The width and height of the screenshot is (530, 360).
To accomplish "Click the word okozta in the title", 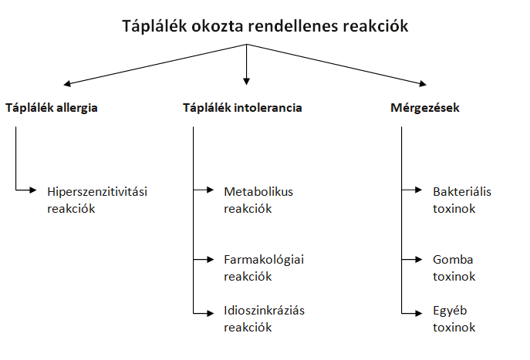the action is click(x=217, y=26).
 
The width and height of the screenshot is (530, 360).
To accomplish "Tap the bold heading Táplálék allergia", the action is click(x=52, y=108).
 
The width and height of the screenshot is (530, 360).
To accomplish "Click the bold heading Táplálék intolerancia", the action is click(x=242, y=108).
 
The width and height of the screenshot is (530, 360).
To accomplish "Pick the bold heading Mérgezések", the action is click(x=425, y=108).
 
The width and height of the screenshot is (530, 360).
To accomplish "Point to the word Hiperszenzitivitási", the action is click(x=97, y=192).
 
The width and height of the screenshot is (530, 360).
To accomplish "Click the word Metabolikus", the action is click(x=258, y=191).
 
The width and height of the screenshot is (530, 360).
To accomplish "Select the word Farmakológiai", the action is click(x=264, y=260).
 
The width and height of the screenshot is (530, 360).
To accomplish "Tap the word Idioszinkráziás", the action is click(x=264, y=311).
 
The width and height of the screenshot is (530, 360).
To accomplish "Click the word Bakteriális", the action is click(x=461, y=191).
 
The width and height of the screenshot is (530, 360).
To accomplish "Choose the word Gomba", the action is click(x=453, y=259).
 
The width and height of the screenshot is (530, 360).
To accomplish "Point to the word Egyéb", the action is click(x=450, y=311).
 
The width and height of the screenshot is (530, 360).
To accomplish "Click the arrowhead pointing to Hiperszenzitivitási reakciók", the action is click(x=32, y=190).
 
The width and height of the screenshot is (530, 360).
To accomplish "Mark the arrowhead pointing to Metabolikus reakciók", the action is click(x=211, y=190).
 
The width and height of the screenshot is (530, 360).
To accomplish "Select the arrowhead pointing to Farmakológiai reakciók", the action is click(x=211, y=259).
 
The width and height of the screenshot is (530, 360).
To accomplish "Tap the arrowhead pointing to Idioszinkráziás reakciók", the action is click(x=211, y=314).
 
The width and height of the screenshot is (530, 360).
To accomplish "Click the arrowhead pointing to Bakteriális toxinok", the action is click(x=418, y=190).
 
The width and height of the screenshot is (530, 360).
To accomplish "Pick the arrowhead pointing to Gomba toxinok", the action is click(x=418, y=259).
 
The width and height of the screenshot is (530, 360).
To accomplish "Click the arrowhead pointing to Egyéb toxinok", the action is click(x=418, y=314).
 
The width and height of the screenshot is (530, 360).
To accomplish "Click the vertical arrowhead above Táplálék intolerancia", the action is click(x=246, y=82).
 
